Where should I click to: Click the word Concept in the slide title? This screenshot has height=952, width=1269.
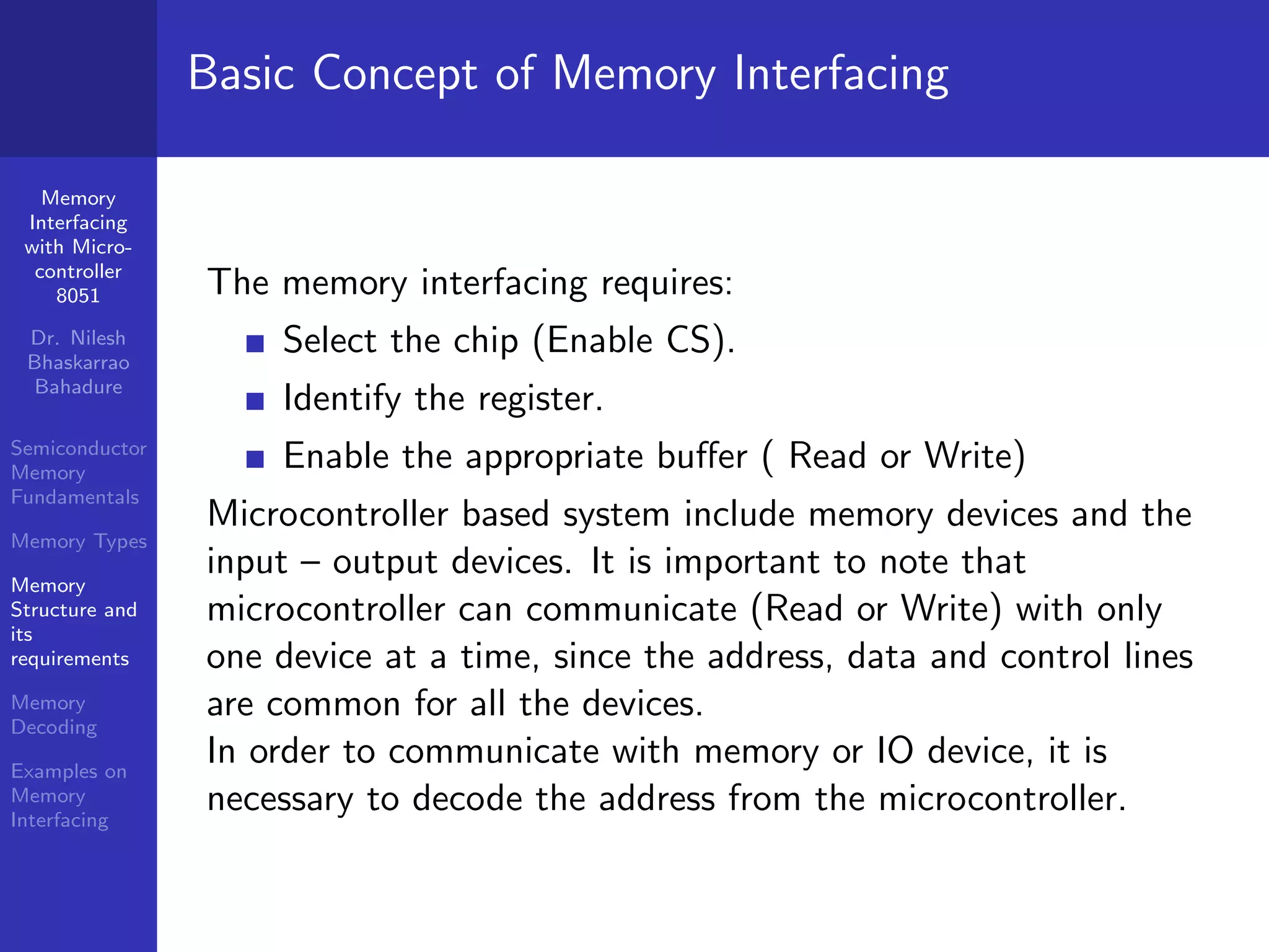[395, 75]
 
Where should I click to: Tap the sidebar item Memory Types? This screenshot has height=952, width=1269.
[79, 542]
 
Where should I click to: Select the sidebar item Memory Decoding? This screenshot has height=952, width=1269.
[55, 715]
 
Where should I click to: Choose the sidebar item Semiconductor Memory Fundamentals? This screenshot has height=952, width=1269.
[78, 473]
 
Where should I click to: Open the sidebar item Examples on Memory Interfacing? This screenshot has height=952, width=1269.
[68, 795]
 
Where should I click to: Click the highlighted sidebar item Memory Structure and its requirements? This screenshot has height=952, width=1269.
[73, 622]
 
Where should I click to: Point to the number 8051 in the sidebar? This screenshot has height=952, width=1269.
[78, 296]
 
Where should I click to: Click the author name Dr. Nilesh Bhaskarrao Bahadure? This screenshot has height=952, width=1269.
[79, 363]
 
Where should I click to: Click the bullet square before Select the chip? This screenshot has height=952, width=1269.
[255, 343]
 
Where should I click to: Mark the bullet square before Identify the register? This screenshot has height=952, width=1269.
[255, 401]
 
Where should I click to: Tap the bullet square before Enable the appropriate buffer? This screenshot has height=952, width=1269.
[255, 459]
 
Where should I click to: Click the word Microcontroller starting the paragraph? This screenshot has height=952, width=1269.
[328, 514]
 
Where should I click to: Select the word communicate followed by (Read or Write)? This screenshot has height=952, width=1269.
[631, 609]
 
